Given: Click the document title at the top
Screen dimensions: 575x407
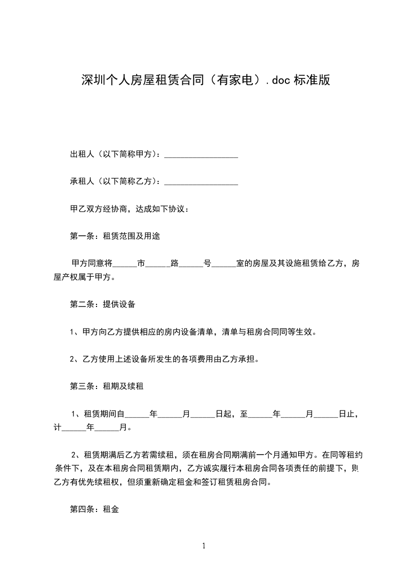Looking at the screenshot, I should point(205,80).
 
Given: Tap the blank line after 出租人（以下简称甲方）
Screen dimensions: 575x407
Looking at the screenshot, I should point(201,155).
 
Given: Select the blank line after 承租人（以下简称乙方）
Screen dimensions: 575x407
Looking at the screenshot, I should point(201,182).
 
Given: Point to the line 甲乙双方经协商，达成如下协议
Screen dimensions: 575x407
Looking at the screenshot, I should point(130,209).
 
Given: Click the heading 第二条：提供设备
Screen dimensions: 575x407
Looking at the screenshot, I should point(102,304).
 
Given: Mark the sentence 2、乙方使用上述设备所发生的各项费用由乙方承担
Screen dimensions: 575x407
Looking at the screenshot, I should point(164,359).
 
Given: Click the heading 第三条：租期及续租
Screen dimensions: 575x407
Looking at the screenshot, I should point(106,386).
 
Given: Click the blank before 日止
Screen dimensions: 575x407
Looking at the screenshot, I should point(326,414).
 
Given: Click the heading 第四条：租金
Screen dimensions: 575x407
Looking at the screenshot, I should point(94,509).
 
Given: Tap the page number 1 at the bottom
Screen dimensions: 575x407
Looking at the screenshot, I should point(204,546).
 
